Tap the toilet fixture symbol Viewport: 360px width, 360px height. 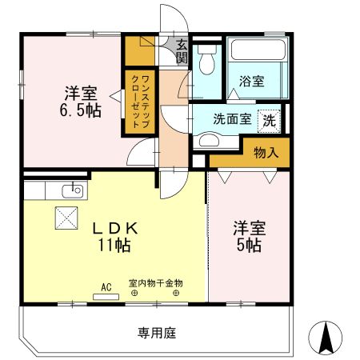[206, 60]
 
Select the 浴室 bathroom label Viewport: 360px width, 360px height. [252, 81]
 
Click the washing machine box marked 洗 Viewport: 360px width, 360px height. [270, 120]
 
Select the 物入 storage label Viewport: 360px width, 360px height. [266, 152]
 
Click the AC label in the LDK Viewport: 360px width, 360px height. [106, 285]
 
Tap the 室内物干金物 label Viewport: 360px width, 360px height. [156, 283]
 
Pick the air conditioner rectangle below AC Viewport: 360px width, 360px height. [106, 296]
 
